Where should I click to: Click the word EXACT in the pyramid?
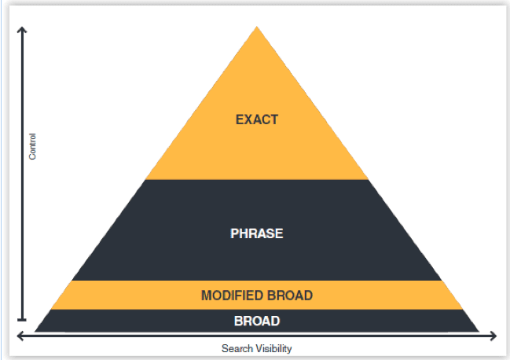pyautogui.click(x=257, y=119)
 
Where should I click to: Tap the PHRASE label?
pyautogui.click(x=257, y=233)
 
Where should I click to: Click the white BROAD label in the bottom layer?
pyautogui.click(x=257, y=321)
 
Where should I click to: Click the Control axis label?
pyautogui.click(x=32, y=146)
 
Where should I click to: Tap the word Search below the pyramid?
pyautogui.click(x=237, y=349)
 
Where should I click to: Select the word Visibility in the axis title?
pyautogui.click(x=273, y=349)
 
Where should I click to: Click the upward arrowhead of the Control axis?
pyautogui.click(x=22, y=30)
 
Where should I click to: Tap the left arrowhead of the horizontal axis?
pyautogui.click(x=20, y=336)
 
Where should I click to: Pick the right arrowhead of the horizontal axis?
pyautogui.click(x=493, y=336)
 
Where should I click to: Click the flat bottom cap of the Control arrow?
pyautogui.click(x=22, y=320)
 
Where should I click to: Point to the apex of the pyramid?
pyautogui.click(x=257, y=27)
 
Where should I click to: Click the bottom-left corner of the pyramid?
pyautogui.click(x=35, y=332)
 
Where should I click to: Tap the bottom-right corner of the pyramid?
pyautogui.click(x=479, y=332)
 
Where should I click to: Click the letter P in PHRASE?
pyautogui.click(x=234, y=233)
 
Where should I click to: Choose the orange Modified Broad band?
pyautogui.click(x=257, y=296)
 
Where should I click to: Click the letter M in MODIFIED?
pyautogui.click(x=207, y=296)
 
